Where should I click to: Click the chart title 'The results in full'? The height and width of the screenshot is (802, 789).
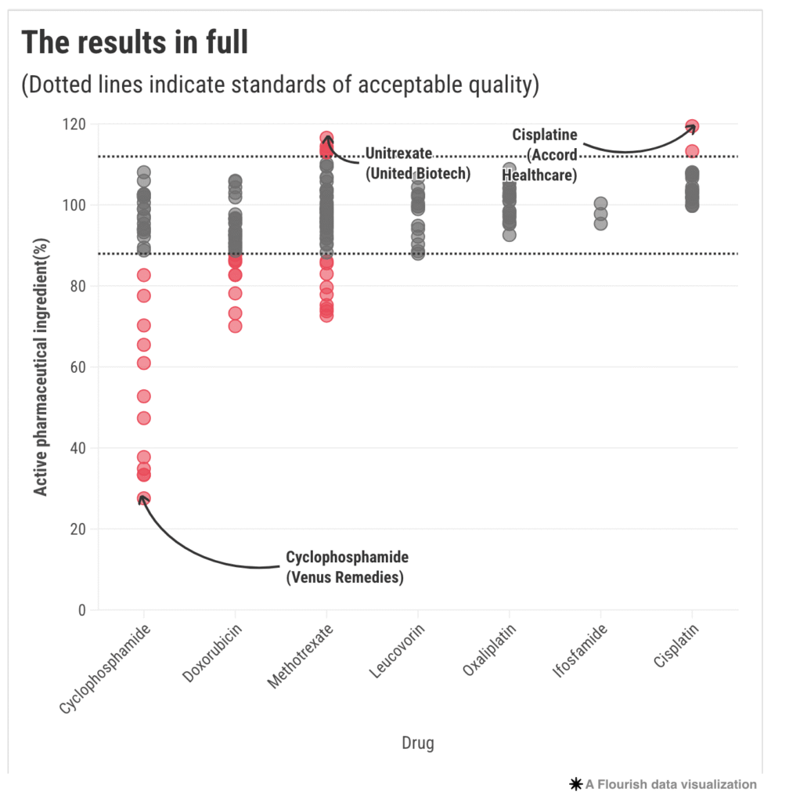(x=135, y=43)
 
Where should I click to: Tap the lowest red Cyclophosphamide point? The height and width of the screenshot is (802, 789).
(x=143, y=498)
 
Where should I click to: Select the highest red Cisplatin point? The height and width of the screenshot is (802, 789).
(x=692, y=126)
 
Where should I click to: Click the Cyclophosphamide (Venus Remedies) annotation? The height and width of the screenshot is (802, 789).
(x=347, y=568)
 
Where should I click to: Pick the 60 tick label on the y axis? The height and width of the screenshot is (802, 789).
(x=79, y=367)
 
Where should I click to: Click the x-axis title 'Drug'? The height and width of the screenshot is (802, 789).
(x=417, y=742)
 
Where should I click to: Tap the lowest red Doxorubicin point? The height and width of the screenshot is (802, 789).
(x=235, y=326)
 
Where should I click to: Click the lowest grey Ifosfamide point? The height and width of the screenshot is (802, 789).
(x=600, y=223)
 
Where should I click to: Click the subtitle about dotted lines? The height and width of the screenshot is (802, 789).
(x=280, y=84)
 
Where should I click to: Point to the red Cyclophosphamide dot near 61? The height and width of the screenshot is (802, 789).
(x=143, y=363)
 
